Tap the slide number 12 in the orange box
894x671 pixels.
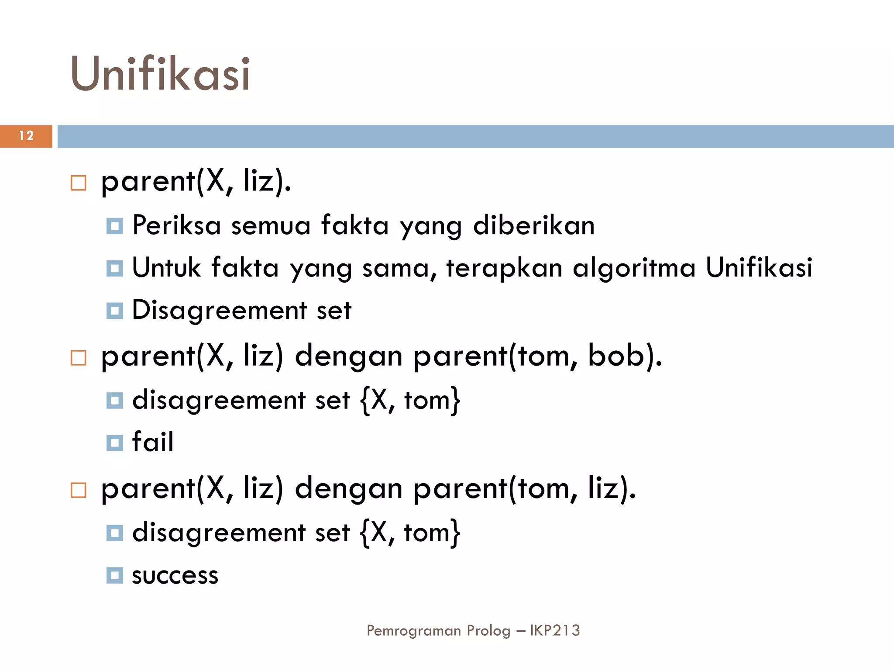pos(26,136)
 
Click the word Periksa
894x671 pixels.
pos(176,225)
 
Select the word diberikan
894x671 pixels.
pos(533,225)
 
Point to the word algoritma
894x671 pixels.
pos(634,267)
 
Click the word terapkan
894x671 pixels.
pos(504,268)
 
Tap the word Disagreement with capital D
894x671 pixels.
pos(219,311)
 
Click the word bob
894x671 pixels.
pos(615,355)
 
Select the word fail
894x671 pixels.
pos(153,442)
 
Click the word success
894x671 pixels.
pos(175,575)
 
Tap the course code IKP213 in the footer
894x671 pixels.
pos(555,630)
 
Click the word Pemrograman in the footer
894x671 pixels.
pos(413,631)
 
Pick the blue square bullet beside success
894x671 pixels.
pos(115,576)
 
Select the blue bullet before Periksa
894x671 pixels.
pos(115,226)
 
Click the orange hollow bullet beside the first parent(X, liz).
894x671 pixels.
pos(79,183)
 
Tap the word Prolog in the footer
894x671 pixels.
pos(488,631)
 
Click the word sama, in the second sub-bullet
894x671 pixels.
pos(399,268)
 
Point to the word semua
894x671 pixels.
pos(271,226)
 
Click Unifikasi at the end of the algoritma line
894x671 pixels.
pos(759,267)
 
